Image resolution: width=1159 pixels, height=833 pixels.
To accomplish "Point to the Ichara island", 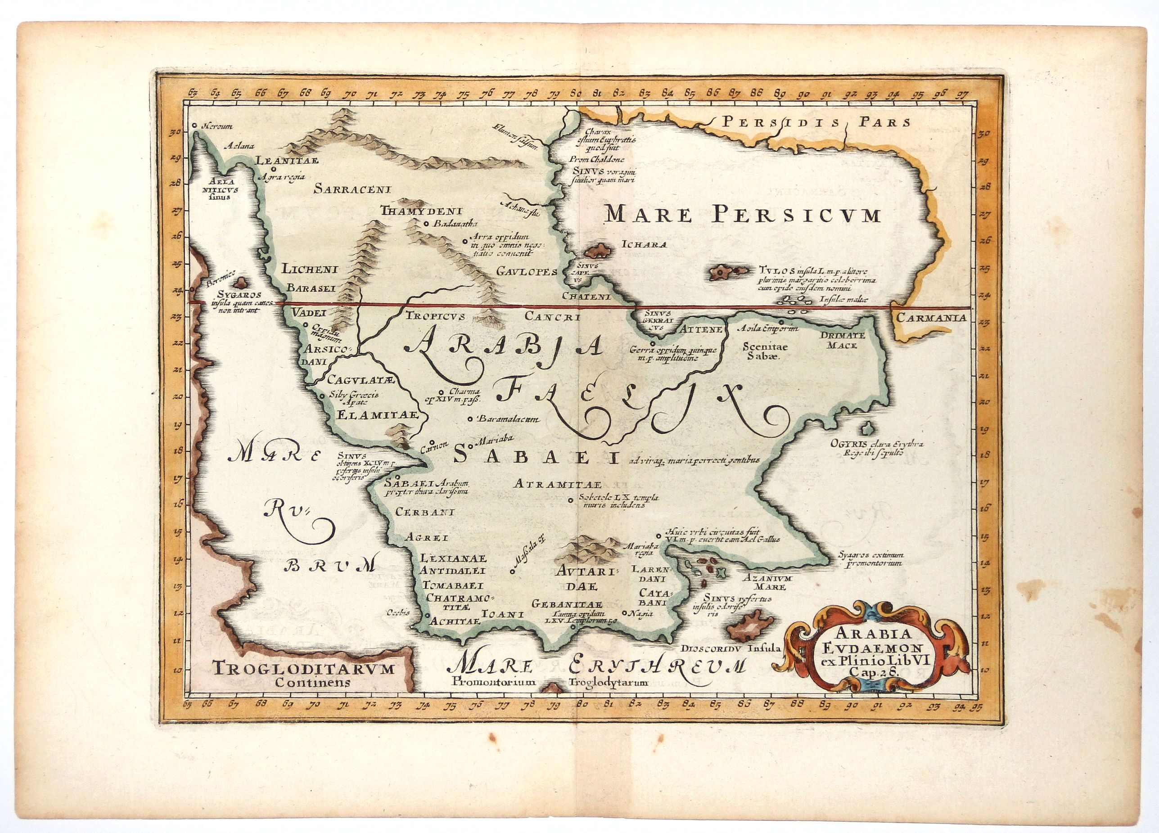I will tap(599, 251).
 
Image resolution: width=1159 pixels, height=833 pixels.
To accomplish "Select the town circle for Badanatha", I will tap(426, 223).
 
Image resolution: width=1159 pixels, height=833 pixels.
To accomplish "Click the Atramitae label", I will tap(558, 483).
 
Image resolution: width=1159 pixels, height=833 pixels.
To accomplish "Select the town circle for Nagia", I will tap(624, 613).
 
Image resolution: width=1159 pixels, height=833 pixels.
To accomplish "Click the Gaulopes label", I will tap(526, 271).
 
